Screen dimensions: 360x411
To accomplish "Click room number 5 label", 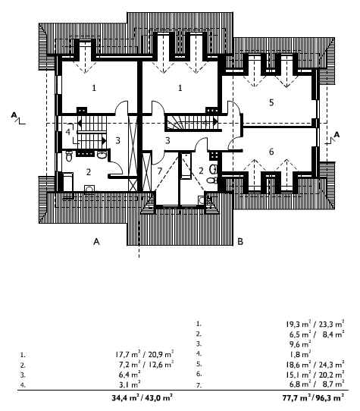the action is tap(271, 102).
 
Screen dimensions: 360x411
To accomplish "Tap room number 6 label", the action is tap(271, 152).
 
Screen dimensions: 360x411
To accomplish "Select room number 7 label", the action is tap(160, 171).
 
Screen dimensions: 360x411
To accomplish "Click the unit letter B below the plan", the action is tap(240, 241).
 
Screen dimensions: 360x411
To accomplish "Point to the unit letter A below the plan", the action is tap(97, 241).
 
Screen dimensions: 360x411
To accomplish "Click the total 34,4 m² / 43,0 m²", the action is tap(142, 398).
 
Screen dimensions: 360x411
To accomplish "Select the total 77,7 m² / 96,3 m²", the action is tap(313, 398).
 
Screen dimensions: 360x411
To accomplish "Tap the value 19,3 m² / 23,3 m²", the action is tap(315, 325).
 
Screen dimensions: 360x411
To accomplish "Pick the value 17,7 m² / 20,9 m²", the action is tap(144, 354).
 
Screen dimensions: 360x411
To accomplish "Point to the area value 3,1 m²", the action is tap(130, 384).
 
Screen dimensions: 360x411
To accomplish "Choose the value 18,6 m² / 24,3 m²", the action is tap(315, 364).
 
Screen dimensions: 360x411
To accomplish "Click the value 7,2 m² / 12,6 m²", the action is tap(146, 364).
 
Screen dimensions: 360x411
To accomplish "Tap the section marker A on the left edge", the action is tap(14, 115).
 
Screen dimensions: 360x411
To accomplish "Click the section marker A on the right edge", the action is tap(337, 135).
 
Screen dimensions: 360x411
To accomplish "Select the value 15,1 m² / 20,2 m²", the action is tap(315, 375).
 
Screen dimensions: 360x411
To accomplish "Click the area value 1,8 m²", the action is tap(300, 354).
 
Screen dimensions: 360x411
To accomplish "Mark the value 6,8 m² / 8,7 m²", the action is tap(317, 384).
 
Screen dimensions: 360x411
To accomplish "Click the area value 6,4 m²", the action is tap(130, 375).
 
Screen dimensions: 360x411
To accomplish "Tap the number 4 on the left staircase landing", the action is tap(68, 132).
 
